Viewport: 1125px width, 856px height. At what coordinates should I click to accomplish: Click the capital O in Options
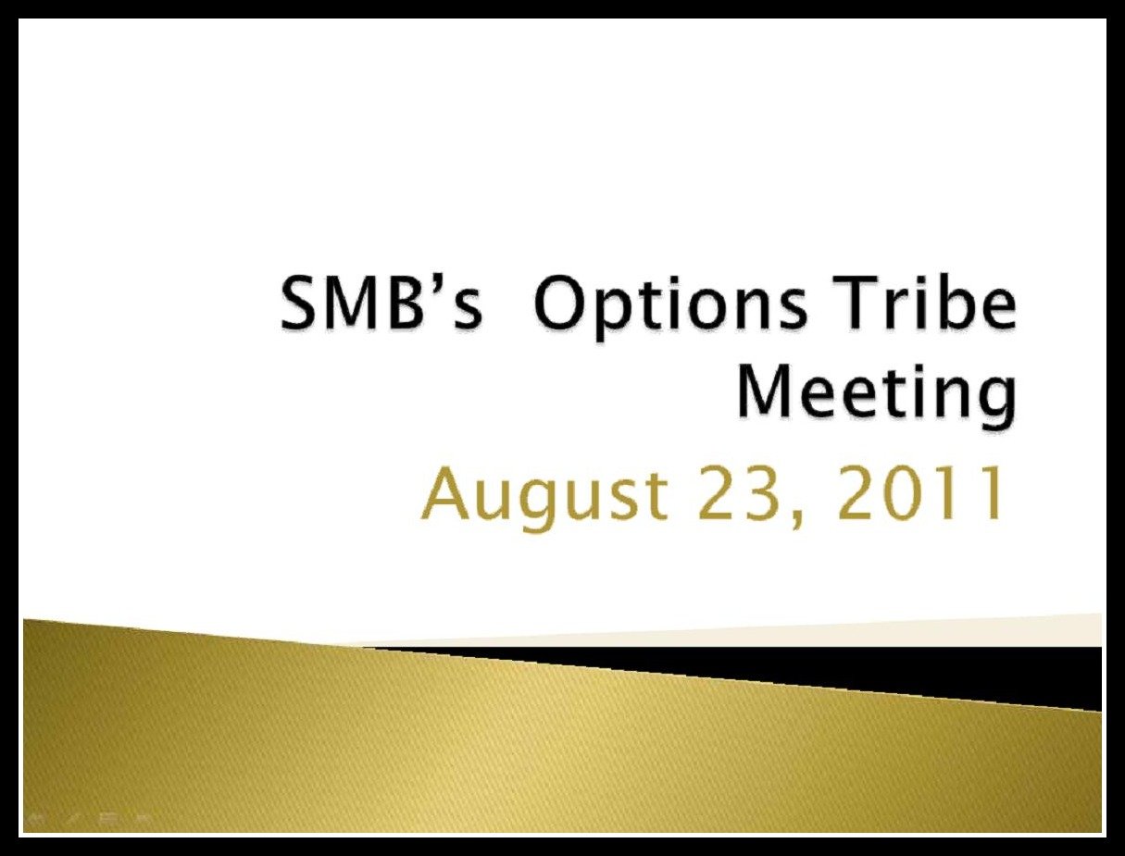(559, 304)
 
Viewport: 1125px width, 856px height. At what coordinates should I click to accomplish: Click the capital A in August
(446, 491)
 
